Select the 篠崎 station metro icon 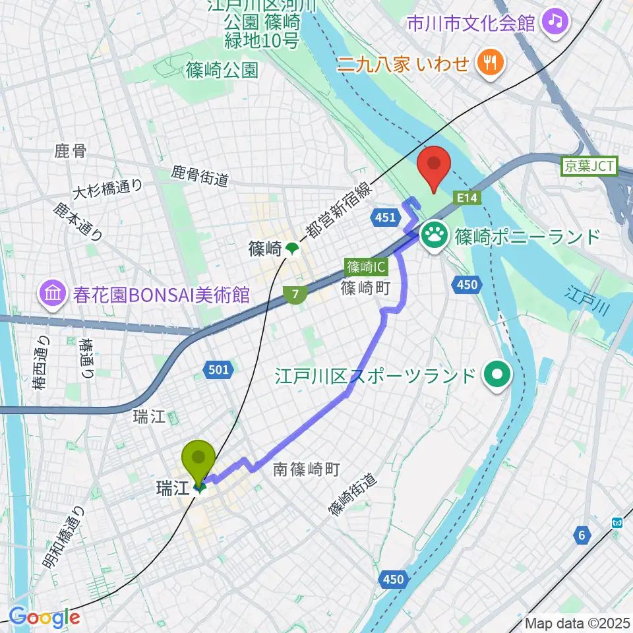click(291, 249)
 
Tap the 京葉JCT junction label click(588, 167)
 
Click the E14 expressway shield click(466, 197)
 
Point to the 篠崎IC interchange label click(366, 268)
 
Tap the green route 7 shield click(297, 295)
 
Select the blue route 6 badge click(582, 535)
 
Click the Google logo click(44, 617)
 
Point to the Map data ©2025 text click(575, 622)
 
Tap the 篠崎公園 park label click(222, 70)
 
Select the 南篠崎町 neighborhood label click(307, 469)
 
